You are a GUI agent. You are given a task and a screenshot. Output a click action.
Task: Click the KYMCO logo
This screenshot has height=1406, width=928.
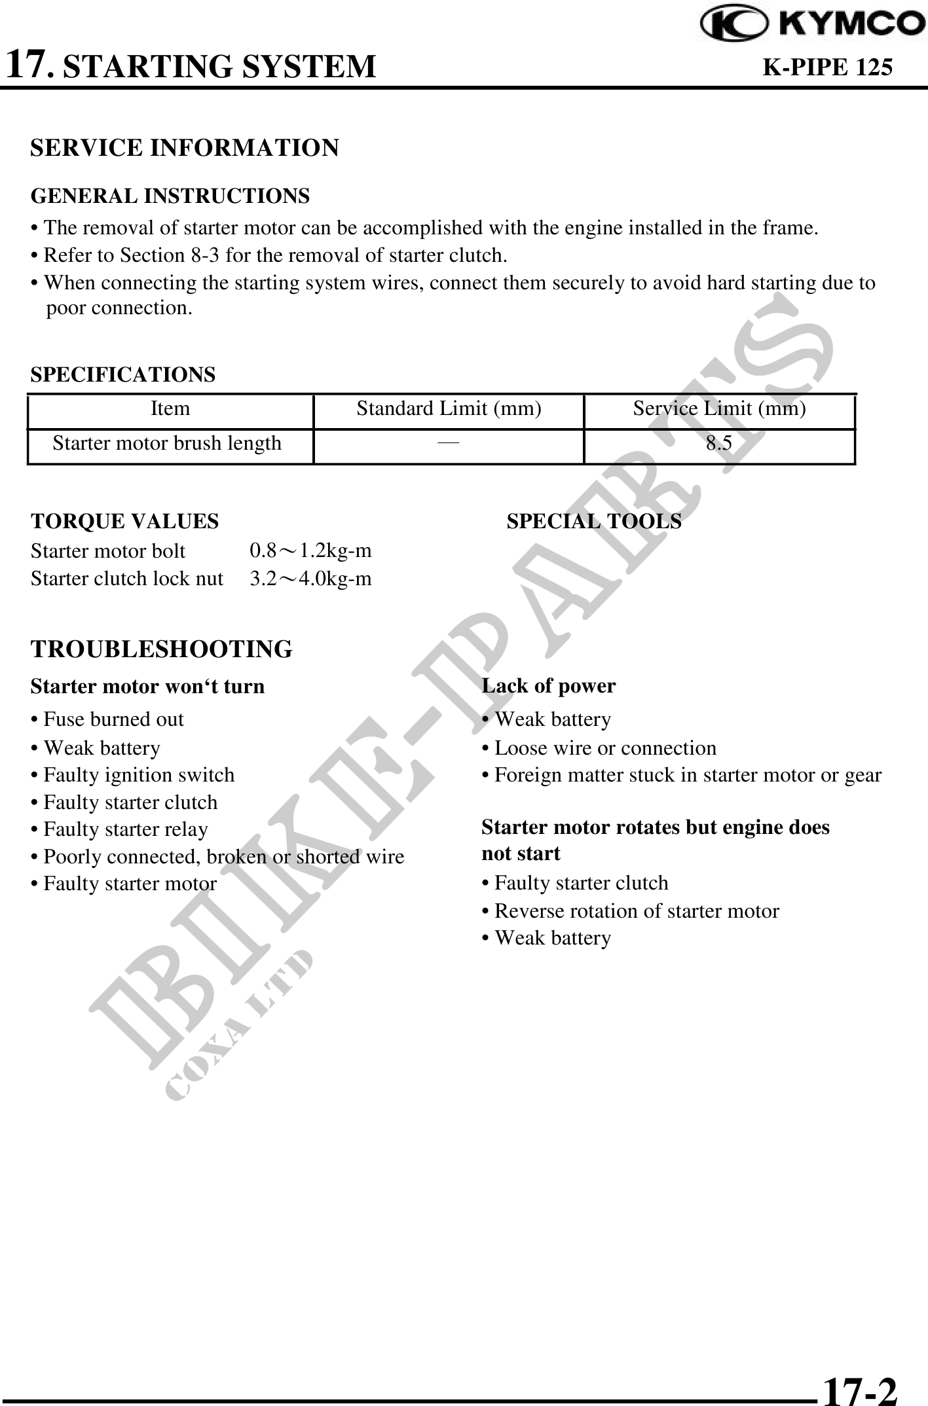pos(813,25)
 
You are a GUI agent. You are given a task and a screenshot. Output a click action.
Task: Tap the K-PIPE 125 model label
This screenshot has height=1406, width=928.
pos(828,67)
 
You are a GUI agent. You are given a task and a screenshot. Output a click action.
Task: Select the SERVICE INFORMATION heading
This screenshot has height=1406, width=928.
pos(185,148)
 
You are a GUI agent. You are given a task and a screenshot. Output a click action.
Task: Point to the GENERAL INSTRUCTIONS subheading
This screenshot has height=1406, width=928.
pos(170,196)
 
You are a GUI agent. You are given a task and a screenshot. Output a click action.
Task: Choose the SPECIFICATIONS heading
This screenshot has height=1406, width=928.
pos(123,375)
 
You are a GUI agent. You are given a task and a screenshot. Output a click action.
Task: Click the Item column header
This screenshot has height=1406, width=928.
pos(170,409)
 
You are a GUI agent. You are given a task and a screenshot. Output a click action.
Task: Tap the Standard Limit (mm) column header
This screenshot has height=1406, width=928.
pos(449,409)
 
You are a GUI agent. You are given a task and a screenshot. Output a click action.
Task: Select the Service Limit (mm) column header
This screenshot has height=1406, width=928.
pos(719,409)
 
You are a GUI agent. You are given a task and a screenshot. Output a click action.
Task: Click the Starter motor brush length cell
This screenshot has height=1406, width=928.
pos(167,444)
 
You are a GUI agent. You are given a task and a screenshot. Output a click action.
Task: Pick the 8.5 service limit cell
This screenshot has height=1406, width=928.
pos(719,444)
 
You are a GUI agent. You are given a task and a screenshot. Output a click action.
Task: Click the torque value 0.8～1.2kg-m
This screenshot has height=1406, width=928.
pos(310,551)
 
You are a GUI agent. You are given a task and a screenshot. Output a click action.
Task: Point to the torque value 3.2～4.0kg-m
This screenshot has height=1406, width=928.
pos(310,579)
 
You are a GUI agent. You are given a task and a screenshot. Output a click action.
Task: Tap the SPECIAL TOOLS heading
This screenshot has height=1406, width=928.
pos(594,522)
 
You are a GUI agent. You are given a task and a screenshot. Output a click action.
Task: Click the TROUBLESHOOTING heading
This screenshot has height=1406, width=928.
pos(162,649)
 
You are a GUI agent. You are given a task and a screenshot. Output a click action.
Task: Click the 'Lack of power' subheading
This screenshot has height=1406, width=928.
pos(549,686)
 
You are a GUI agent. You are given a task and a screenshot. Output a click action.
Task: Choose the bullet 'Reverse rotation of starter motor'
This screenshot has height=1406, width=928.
pos(631,911)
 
